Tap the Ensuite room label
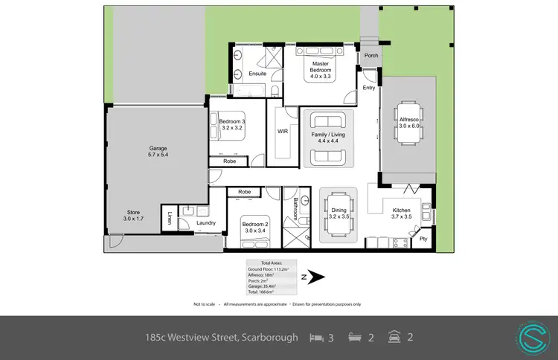click(257, 74)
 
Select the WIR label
click(283, 131)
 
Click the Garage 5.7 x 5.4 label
click(157, 153)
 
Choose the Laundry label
click(206, 223)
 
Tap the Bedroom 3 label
click(232, 124)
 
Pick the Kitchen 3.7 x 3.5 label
click(406, 213)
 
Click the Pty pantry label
click(423, 239)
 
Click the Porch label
click(370, 56)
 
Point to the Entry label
click(369, 88)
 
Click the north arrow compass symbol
click(315, 277)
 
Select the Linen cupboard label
click(169, 219)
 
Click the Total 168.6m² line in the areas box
click(260, 291)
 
